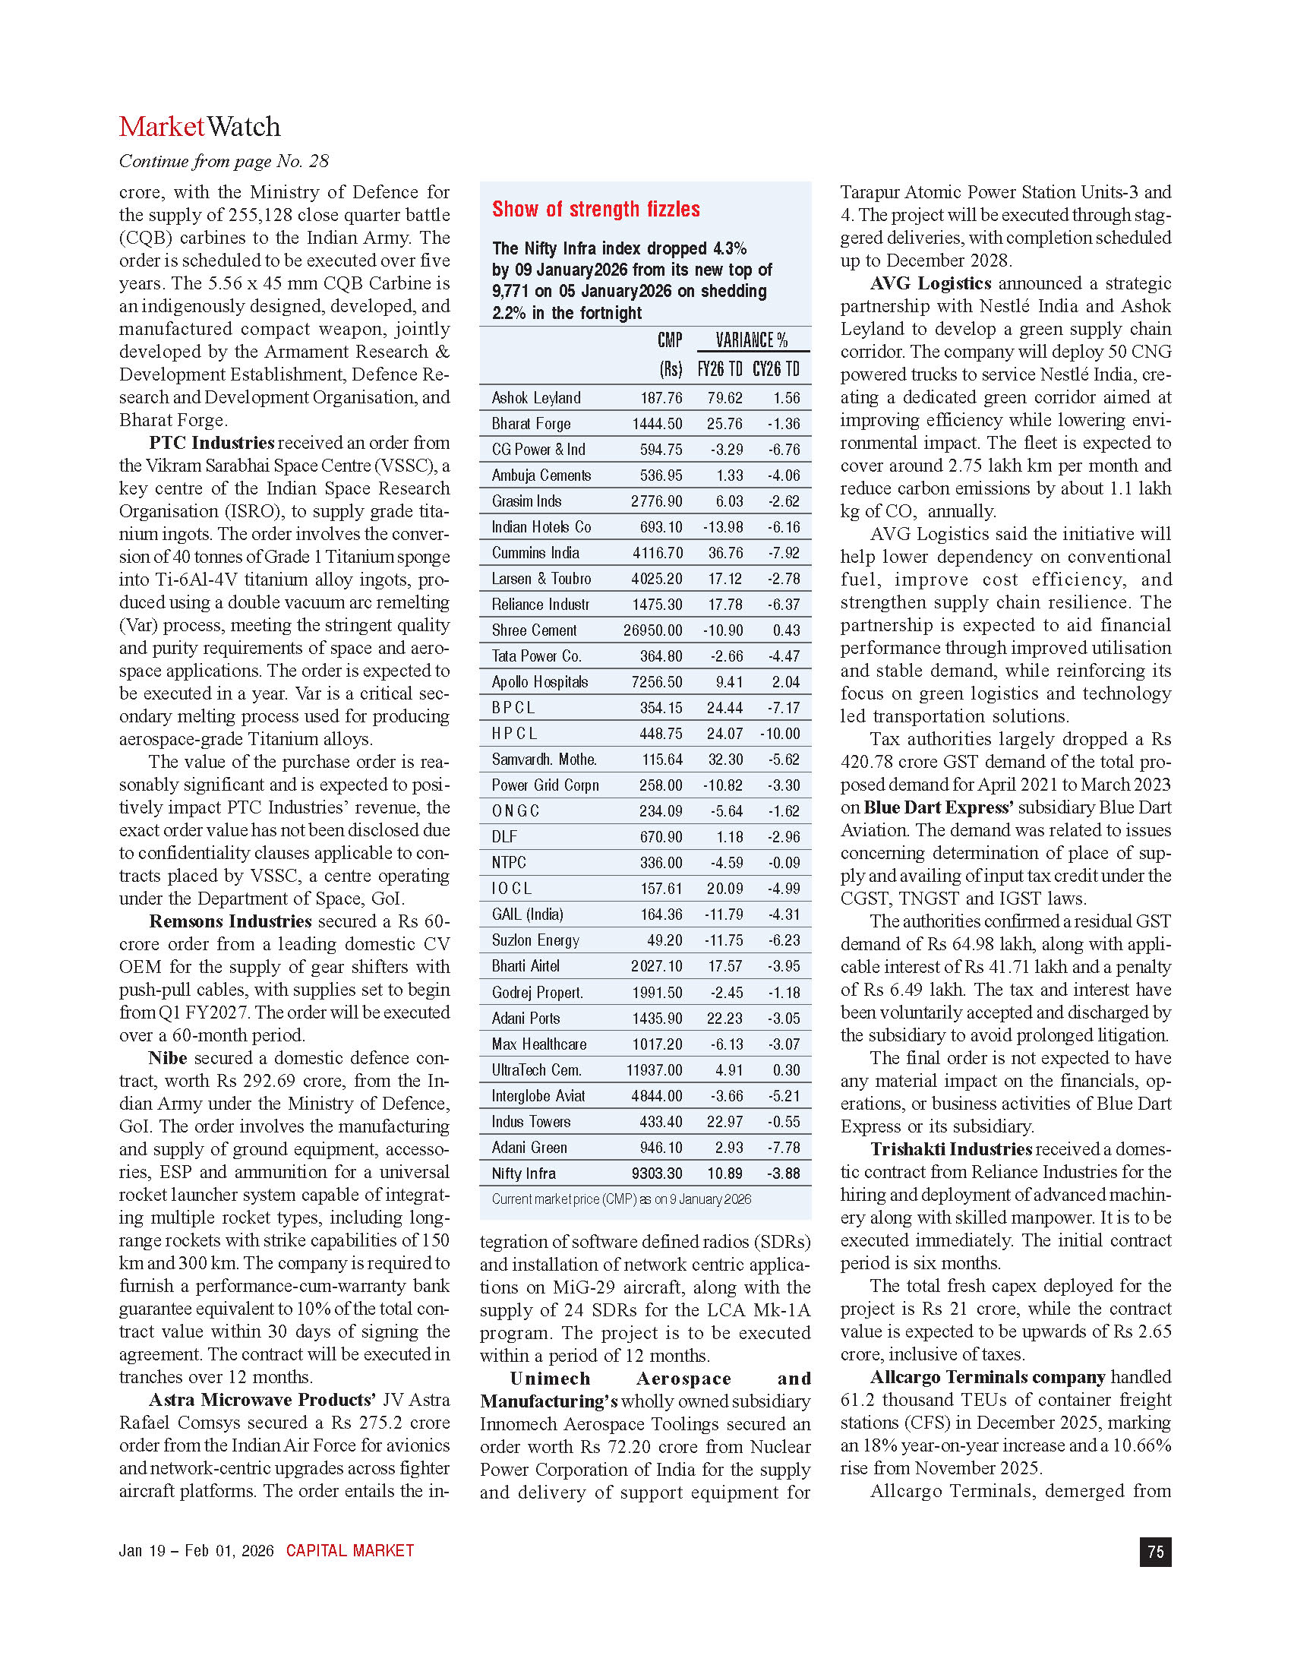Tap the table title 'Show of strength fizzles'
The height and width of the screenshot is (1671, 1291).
pos(595,210)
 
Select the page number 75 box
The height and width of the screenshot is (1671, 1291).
pos(1155,1552)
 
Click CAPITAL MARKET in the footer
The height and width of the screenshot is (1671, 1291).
pos(349,1551)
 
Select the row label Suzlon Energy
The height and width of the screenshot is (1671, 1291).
pos(535,940)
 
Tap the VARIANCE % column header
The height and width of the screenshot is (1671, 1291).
pos(751,340)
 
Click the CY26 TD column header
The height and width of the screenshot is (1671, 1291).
pos(775,370)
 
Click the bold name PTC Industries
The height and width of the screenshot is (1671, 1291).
pos(211,443)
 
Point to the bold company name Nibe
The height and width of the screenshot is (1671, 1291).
pos(168,1058)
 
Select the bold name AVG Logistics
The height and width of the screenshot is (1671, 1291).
pos(930,283)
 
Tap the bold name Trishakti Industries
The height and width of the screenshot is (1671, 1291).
pos(951,1149)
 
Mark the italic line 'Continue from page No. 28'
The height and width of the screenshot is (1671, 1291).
pos(223,162)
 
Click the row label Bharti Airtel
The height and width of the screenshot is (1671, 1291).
pos(526,966)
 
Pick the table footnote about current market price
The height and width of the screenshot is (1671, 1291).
pos(621,1199)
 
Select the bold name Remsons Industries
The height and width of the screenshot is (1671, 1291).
pos(229,921)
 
